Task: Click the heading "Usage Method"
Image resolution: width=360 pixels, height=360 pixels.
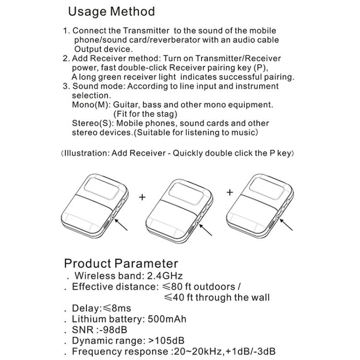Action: coord(111,12)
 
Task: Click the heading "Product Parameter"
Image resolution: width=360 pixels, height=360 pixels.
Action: coord(121,263)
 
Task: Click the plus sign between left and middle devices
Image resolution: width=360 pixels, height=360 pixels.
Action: coord(142,197)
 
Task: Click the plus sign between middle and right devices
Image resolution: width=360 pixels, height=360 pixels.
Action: coord(230,192)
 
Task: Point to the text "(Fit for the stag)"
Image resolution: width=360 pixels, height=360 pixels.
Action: coord(145,114)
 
